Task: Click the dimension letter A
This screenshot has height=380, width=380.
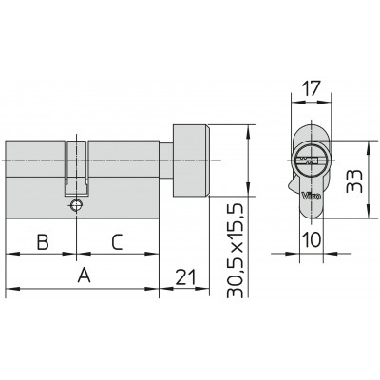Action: pyautogui.click(x=85, y=275)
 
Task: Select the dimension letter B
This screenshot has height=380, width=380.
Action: pyautogui.click(x=43, y=242)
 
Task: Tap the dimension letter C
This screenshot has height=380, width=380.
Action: pyautogui.click(x=117, y=242)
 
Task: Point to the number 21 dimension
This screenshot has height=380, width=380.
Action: pyautogui.click(x=185, y=277)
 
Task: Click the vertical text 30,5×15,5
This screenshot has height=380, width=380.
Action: pyautogui.click(x=236, y=251)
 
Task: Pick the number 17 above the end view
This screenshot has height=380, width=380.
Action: pyautogui.click(x=311, y=88)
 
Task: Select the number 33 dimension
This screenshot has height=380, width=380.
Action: pyautogui.click(x=354, y=181)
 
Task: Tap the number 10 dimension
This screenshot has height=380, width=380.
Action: pyautogui.click(x=312, y=239)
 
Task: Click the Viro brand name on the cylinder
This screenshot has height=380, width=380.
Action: pyautogui.click(x=312, y=196)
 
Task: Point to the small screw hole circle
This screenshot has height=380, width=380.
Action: pyautogui.click(x=76, y=205)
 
